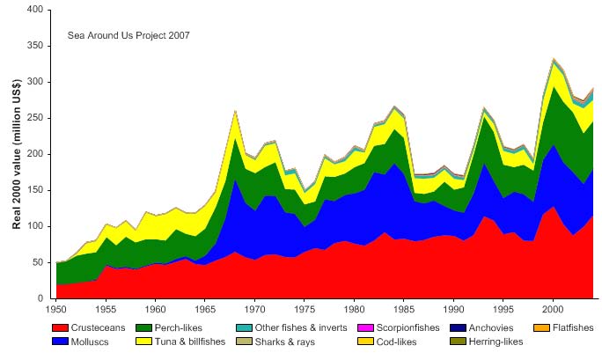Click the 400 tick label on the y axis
pos(34,10)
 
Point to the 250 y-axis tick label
pos(34,118)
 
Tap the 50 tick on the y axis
pos(37,262)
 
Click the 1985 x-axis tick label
pos(404,309)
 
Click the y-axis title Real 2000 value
pos(17,155)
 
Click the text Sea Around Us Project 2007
pos(128,35)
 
